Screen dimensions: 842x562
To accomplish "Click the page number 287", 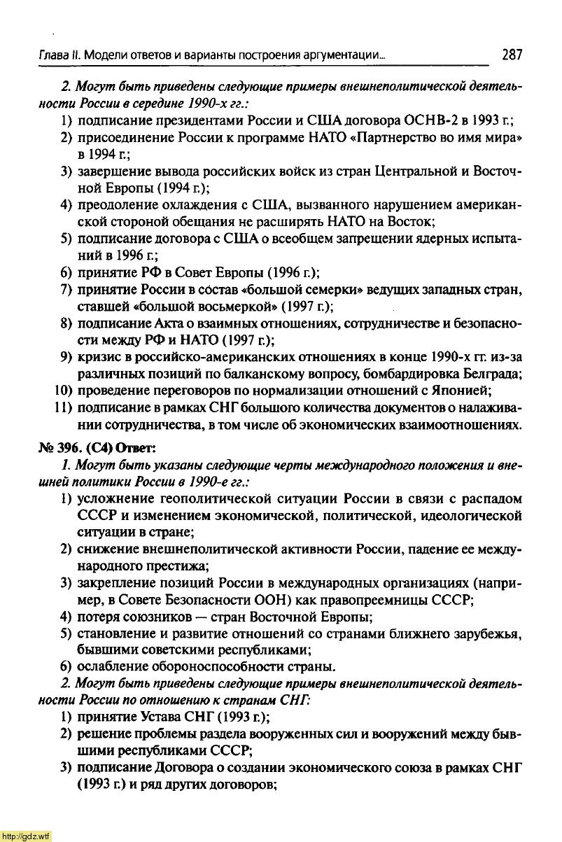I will tap(512, 55).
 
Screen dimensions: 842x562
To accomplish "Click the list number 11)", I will tap(62, 407).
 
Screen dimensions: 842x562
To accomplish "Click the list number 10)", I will tap(62, 390).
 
